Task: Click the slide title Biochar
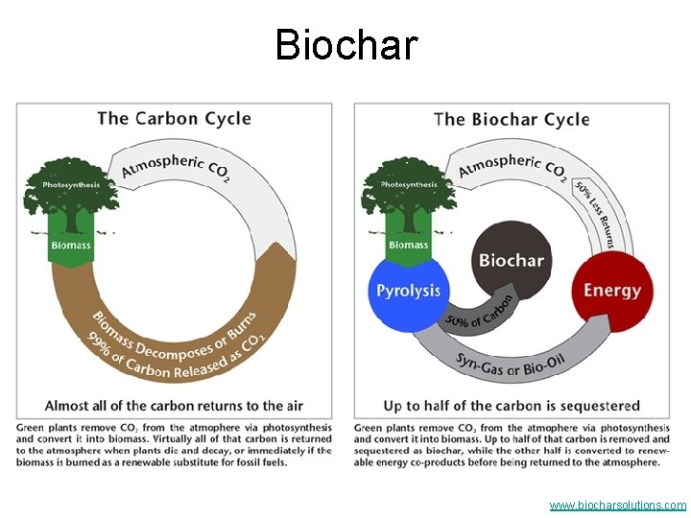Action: pos(345,44)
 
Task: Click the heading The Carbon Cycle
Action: pos(174,119)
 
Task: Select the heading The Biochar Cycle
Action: pos(512,120)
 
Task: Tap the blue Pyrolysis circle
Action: pos(409,291)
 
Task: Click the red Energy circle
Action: pos(611,290)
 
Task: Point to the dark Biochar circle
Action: pos(511,260)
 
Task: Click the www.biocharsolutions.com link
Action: pos(617,505)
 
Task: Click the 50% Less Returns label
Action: pos(594,213)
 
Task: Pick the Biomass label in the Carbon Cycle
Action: pos(71,245)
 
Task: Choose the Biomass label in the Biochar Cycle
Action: pos(408,245)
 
